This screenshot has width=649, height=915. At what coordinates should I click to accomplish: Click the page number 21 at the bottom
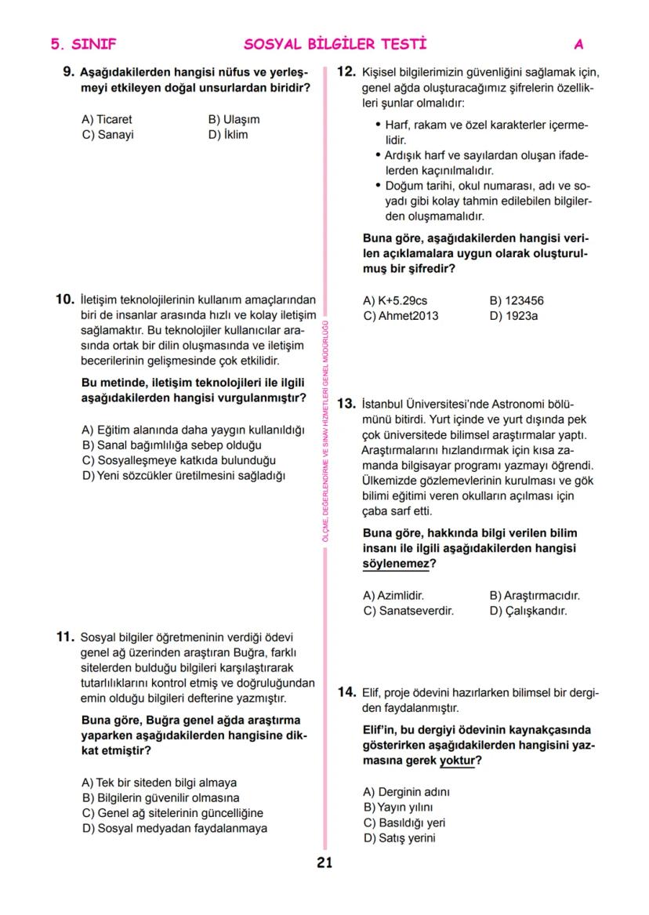point(324,863)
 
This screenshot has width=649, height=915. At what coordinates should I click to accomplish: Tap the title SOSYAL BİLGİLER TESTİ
point(335,44)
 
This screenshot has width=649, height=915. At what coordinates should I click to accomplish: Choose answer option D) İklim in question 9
point(227,134)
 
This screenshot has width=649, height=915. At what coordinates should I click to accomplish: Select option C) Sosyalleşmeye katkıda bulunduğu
point(178,460)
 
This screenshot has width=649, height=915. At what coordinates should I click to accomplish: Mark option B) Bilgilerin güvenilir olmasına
point(160,797)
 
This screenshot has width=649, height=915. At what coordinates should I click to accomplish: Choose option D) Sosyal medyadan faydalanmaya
point(174,827)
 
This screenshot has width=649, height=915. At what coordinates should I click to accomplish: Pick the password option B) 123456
point(517,300)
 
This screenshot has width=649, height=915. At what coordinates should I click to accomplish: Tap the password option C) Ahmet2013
point(401,315)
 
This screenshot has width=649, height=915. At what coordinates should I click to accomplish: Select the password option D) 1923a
point(513,315)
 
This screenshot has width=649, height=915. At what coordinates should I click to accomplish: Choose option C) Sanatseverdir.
point(408,610)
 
